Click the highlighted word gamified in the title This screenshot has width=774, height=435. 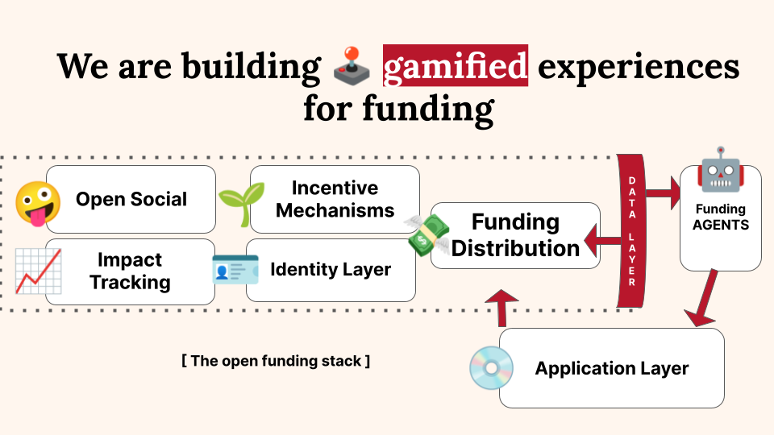456,67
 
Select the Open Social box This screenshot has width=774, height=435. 131,199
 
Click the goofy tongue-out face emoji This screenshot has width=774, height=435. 37,202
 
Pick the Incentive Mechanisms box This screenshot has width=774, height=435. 334,199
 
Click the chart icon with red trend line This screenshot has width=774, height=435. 38,271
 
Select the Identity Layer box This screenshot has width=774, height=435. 331,269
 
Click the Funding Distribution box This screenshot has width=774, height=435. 516,234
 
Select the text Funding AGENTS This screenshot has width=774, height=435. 721,217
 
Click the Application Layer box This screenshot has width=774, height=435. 612,369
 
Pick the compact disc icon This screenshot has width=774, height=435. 491,367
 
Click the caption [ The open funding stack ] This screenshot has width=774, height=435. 276,361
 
